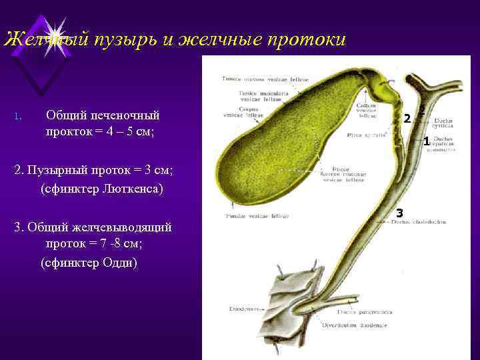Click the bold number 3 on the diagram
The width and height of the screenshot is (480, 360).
[399, 213]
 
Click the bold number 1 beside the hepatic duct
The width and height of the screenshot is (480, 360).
[426, 141]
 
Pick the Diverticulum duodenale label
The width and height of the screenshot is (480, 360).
[354, 325]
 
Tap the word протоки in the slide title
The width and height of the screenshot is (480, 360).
[306, 40]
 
